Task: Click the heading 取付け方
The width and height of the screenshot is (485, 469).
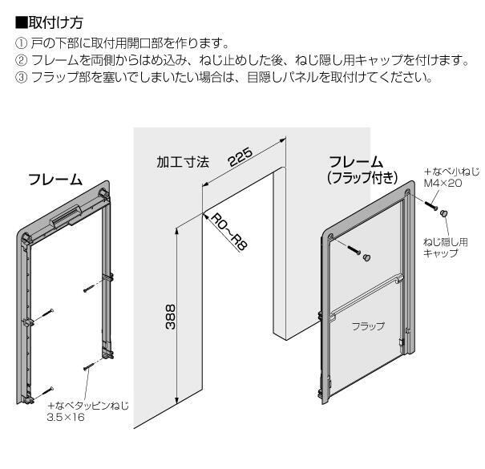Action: point(55,22)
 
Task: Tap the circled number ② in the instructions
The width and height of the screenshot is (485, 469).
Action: point(21,60)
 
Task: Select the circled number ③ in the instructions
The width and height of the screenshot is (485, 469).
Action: point(21,78)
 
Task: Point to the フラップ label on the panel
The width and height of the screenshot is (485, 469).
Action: point(368,326)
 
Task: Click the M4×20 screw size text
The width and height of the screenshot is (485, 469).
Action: point(443,183)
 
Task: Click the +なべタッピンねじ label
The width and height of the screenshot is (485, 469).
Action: point(88,406)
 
